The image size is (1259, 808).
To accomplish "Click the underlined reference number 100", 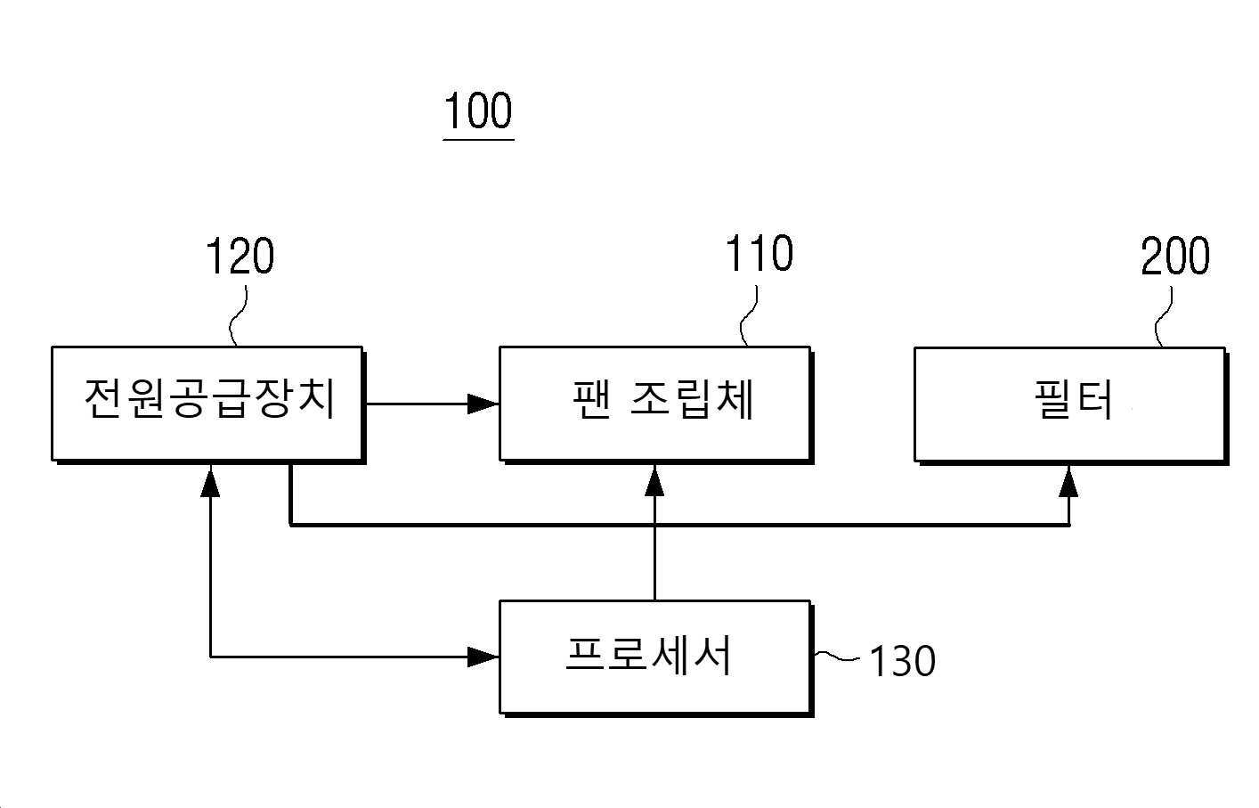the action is click(478, 110).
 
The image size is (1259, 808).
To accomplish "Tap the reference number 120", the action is click(240, 257).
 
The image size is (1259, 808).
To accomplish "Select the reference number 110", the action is click(759, 254).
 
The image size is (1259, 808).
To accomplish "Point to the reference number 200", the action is click(1175, 257).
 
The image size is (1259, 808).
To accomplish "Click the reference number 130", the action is click(903, 661).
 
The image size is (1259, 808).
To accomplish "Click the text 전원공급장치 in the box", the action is click(210, 398).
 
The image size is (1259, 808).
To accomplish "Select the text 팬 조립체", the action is click(663, 399).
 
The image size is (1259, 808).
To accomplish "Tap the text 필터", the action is click(1074, 399).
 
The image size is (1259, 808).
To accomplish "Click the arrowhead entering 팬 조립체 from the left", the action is click(483, 404).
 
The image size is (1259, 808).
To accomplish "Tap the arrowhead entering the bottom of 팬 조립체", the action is click(654, 481).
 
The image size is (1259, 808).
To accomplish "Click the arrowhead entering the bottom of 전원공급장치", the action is click(210, 481).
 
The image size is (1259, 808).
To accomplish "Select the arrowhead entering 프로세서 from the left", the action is click(483, 657).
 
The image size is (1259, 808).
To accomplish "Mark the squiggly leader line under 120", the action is click(237, 316).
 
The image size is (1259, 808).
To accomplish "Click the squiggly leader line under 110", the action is click(749, 316).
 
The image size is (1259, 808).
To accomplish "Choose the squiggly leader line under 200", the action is click(1164, 317).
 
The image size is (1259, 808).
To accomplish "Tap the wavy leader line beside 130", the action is click(836, 656).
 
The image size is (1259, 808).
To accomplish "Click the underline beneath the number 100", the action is click(478, 139).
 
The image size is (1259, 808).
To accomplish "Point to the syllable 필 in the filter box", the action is click(1052, 399).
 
